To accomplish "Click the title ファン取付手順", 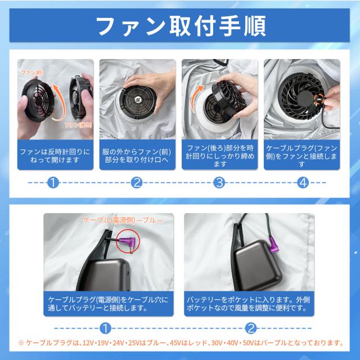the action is [x=181, y=26].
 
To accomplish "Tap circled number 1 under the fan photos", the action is [x=53, y=183].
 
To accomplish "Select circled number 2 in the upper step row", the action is [x=137, y=183].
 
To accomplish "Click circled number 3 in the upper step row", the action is [x=219, y=183].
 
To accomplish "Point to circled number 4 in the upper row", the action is [x=303, y=183].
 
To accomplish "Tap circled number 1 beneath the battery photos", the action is [x=105, y=328].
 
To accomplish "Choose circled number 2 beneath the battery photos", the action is [x=250, y=328].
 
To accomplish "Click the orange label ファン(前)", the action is [x=32, y=73].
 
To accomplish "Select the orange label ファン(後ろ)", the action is [x=78, y=125].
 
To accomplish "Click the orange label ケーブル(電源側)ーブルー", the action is [x=123, y=220].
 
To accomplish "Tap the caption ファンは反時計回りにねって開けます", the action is [x=55, y=156].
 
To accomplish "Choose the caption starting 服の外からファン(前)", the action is [x=137, y=156].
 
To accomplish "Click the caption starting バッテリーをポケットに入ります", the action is [x=249, y=304].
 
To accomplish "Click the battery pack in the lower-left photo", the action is [x=107, y=274].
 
